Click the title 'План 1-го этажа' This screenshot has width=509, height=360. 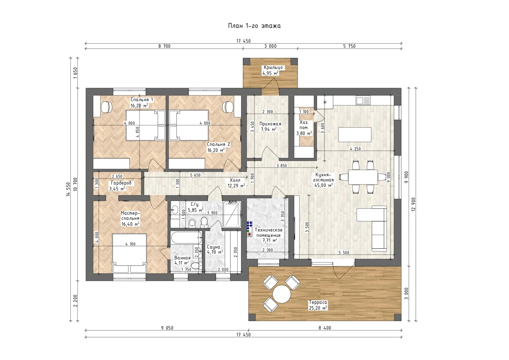pyautogui.click(x=254, y=26)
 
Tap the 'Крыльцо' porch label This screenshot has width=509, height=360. pyautogui.click(x=273, y=67)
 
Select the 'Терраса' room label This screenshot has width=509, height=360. pyautogui.click(x=318, y=302)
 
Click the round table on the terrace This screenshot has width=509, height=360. pyautogui.click(x=282, y=294)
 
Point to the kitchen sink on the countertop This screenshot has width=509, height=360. pyautogui.click(x=363, y=100)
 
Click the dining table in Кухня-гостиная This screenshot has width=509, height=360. pyautogui.click(x=363, y=177)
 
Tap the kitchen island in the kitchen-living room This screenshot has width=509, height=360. pyautogui.click(x=355, y=134)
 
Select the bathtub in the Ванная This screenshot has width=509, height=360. pyautogui.click(x=186, y=238)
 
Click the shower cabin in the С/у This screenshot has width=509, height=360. pyautogui.click(x=231, y=214)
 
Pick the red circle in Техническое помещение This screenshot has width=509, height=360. pyautogui.click(x=249, y=234)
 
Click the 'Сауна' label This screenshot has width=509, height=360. pyautogui.click(x=213, y=247)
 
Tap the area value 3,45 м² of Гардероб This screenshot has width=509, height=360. pyautogui.click(x=117, y=189)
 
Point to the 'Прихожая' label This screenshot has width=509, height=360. pyautogui.click(x=270, y=124)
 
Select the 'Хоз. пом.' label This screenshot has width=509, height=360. pyautogui.click(x=304, y=125)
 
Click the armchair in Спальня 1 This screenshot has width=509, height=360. pyautogui.click(x=106, y=107)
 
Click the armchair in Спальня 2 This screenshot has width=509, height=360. pyautogui.click(x=228, y=107)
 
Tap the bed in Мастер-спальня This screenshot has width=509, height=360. pyautogui.click(x=130, y=253)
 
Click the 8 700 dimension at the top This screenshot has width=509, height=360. pyautogui.click(x=164, y=46)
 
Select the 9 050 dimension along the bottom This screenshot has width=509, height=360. pyautogui.click(x=167, y=328)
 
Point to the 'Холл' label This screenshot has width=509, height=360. pyautogui.click(x=235, y=180)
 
